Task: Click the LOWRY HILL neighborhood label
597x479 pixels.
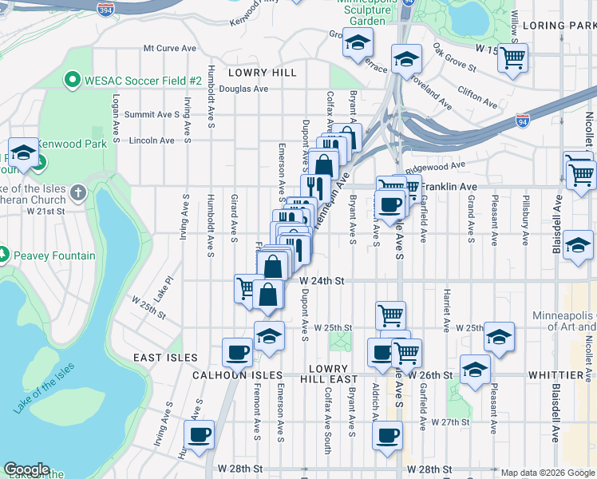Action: pyautogui.click(x=261, y=73)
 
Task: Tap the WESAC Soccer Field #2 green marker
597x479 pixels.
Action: pyautogui.click(x=72, y=81)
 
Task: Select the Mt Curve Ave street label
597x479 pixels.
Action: pyautogui.click(x=169, y=48)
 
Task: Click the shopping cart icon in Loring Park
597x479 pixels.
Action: pyautogui.click(x=512, y=57)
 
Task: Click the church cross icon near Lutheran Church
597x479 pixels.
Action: pyautogui.click(x=77, y=192)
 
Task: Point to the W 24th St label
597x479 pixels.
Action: pyautogui.click(x=322, y=281)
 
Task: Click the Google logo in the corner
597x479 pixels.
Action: pyautogui.click(x=26, y=470)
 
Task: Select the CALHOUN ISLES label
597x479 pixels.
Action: pyautogui.click(x=237, y=374)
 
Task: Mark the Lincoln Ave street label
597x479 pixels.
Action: pyautogui.click(x=151, y=141)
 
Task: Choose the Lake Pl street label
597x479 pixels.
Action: pyautogui.click(x=163, y=289)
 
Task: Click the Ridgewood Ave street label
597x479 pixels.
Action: pyautogui.click(x=435, y=167)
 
